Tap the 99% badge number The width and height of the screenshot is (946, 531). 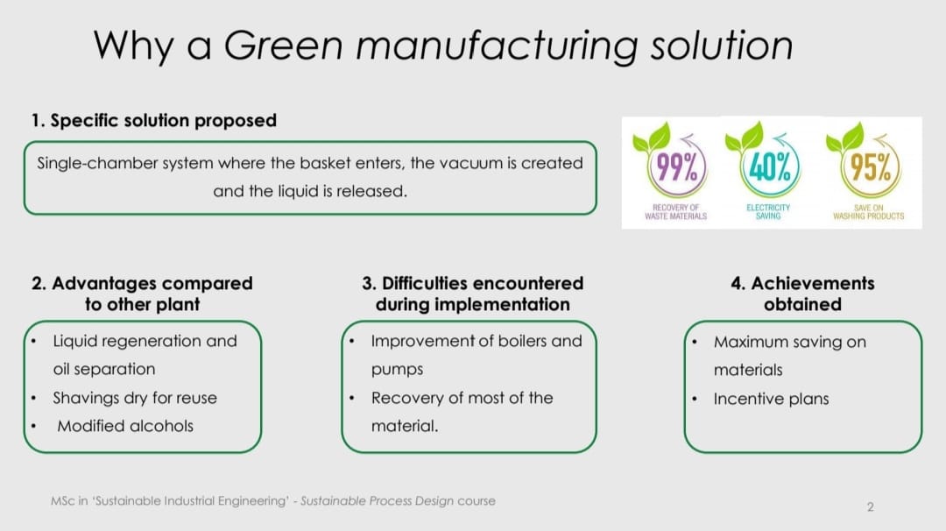(676, 166)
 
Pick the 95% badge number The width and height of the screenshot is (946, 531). (870, 166)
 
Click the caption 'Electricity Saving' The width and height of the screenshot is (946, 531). (768, 211)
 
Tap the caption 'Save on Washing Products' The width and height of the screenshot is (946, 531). (868, 211)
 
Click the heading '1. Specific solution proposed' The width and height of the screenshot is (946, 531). (154, 121)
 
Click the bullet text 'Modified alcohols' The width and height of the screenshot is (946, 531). (125, 426)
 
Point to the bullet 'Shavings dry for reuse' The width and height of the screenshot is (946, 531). (135, 398)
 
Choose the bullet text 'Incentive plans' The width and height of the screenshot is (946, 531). (771, 399)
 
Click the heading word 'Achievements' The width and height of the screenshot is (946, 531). (812, 283)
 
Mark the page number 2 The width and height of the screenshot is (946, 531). (870, 506)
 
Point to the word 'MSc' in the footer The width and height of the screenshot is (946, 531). (63, 501)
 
